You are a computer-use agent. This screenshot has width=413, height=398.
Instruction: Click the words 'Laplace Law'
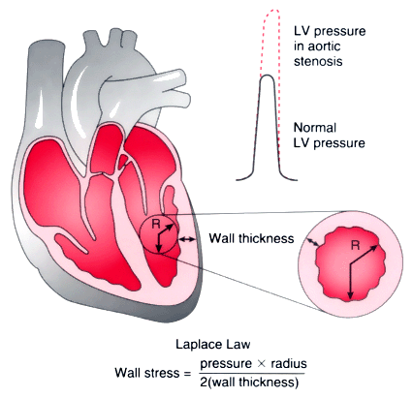[213, 344]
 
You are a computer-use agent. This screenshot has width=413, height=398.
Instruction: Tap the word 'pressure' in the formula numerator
[226, 364]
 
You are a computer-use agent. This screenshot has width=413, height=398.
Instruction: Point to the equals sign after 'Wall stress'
[187, 374]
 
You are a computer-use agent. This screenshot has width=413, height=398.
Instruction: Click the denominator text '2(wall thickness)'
[249, 383]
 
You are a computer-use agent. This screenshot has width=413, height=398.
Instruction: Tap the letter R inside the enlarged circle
[355, 246]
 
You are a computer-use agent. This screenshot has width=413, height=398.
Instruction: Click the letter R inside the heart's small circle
[156, 224]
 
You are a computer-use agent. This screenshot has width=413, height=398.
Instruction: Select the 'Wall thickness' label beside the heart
[251, 238]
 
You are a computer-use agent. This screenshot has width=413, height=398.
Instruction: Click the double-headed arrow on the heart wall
[187, 239]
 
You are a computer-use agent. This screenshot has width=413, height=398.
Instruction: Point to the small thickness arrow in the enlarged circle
[312, 242]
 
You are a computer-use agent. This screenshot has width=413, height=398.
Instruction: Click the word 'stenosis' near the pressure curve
[318, 61]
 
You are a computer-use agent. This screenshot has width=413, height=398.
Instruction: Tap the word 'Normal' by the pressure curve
[315, 128]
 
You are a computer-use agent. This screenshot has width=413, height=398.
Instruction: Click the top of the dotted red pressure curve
[271, 10]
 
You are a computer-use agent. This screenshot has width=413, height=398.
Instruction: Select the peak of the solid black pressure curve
[267, 76]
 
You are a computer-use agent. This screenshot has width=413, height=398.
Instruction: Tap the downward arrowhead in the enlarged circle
[350, 296]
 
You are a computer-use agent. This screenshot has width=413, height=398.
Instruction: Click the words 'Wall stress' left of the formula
[147, 373]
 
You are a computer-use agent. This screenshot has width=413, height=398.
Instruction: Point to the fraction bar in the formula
[248, 374]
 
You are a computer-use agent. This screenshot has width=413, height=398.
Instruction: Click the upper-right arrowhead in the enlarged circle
[374, 248]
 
